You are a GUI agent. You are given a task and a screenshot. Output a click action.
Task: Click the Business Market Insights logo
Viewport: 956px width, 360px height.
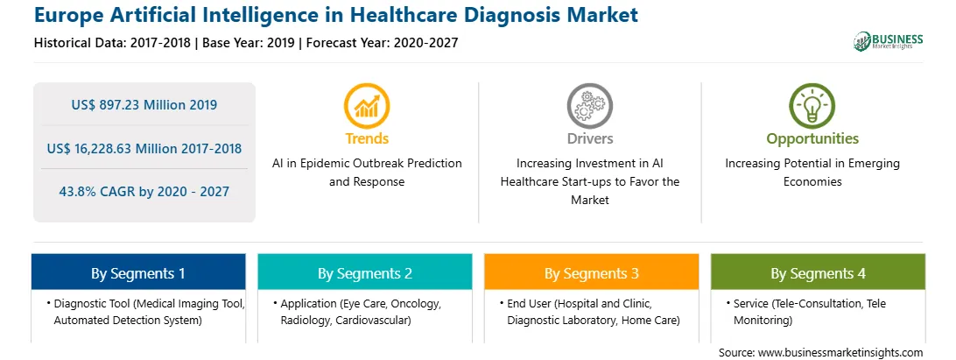(888, 41)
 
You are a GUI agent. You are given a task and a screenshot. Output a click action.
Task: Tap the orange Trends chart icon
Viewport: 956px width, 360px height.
(367, 106)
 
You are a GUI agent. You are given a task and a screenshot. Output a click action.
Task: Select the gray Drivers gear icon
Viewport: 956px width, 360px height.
(589, 106)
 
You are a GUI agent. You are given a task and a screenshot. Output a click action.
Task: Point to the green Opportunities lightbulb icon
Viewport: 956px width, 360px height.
(812, 106)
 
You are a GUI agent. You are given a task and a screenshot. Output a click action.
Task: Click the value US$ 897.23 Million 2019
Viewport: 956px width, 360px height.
(144, 104)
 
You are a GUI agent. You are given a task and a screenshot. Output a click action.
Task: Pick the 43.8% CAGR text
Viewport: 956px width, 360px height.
(100, 192)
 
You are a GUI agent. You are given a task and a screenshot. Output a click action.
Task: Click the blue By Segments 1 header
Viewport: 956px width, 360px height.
(138, 272)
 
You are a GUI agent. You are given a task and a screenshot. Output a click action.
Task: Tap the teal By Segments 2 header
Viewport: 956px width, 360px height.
(364, 272)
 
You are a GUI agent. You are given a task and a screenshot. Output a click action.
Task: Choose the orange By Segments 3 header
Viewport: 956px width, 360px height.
(592, 272)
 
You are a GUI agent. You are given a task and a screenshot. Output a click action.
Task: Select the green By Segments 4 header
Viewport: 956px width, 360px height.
(819, 272)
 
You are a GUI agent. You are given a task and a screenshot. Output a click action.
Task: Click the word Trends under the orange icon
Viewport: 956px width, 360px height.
(367, 138)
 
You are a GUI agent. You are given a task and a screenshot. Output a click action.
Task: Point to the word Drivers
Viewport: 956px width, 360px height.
(590, 138)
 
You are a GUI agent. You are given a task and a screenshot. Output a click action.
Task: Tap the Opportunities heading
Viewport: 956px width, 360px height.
(812, 139)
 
